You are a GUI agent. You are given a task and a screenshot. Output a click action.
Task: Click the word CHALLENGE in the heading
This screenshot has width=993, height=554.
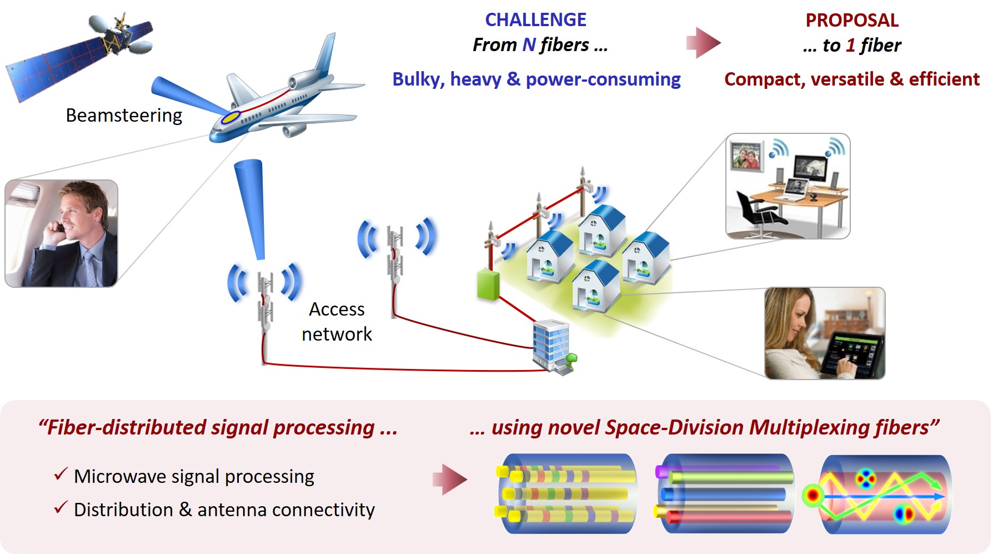(535, 20)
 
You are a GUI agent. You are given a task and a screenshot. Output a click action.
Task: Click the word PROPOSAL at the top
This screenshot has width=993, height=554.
(852, 21)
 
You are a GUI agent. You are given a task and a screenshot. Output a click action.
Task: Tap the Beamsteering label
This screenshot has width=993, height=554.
(124, 115)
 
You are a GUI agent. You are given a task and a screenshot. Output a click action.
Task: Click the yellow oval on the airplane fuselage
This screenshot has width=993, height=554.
(230, 117)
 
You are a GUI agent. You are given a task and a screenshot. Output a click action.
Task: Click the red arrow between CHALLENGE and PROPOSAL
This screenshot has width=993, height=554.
(703, 43)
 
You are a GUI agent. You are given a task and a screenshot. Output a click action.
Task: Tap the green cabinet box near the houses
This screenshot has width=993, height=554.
(488, 285)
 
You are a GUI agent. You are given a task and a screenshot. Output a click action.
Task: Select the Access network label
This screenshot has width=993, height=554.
(337, 321)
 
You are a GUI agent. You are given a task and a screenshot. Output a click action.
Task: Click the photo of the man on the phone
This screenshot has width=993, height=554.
(61, 233)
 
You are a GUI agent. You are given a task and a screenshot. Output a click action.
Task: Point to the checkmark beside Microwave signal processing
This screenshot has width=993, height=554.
(61, 475)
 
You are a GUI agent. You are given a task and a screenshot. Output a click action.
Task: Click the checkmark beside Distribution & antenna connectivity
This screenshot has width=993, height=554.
(61, 507)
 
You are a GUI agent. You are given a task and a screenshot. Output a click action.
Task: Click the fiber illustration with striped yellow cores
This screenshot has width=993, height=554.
(566, 494)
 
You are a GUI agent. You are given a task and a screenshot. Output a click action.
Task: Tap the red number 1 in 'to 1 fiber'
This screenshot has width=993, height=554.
(850, 45)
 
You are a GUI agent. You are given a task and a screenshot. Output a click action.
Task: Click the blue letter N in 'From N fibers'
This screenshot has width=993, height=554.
(529, 44)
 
